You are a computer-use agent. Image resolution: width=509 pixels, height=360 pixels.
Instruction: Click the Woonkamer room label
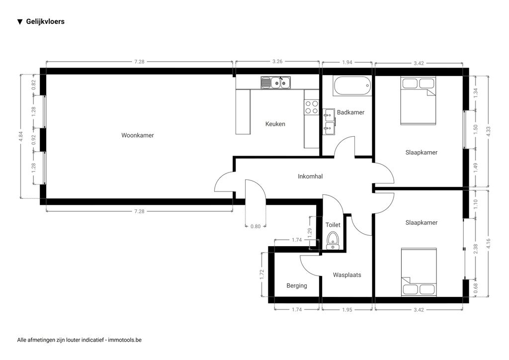[x=138, y=135]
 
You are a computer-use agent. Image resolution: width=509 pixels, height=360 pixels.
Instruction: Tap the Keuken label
[x=275, y=124]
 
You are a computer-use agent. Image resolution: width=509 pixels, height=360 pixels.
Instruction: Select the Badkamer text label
[x=350, y=112]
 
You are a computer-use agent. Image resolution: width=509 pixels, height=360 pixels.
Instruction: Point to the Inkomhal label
[x=310, y=176]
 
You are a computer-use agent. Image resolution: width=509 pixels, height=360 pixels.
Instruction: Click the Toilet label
[x=333, y=225]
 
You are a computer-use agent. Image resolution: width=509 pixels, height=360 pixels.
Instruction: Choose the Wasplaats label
[x=347, y=275]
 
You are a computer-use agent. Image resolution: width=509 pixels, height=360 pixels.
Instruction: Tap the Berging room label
[x=297, y=285]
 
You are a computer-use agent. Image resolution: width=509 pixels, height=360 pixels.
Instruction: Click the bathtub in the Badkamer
[x=352, y=86]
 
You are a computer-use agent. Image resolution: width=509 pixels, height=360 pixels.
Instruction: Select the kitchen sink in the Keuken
[x=275, y=83]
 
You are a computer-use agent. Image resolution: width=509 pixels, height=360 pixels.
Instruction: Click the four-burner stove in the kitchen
[x=312, y=107]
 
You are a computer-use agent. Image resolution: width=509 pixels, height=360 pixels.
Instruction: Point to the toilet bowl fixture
[x=333, y=241]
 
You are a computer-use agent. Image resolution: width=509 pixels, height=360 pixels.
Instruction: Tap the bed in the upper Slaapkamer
[x=418, y=100]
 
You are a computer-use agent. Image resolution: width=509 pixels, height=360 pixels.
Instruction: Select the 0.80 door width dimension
[x=255, y=226]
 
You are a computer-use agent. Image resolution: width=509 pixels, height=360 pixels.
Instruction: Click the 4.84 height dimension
[x=21, y=136]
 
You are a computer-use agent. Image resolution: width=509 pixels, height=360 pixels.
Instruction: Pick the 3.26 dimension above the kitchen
[x=277, y=61]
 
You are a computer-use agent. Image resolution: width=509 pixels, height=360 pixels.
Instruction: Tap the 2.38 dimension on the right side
[x=476, y=249]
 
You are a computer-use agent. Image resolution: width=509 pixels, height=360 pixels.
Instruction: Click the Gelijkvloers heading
[x=45, y=22]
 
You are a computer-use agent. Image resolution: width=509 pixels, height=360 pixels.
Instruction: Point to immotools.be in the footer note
[x=125, y=340]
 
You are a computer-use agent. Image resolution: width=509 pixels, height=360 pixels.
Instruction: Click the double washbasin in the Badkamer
[x=329, y=122]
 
